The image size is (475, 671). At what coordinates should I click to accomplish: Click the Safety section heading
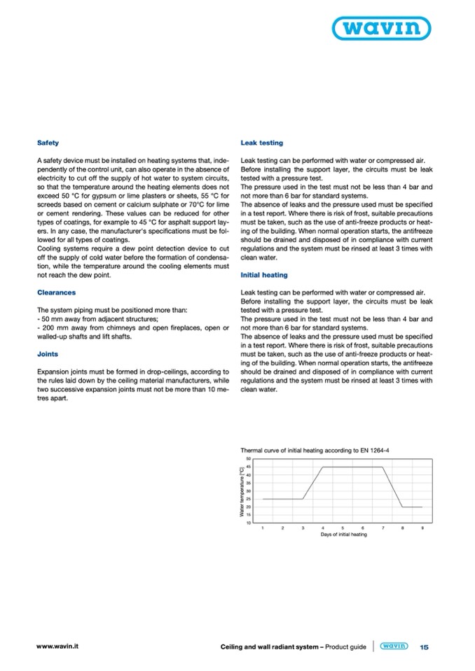[48, 143]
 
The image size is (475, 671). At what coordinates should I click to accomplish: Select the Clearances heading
[56, 292]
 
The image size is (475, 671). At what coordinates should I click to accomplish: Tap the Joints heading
[48, 354]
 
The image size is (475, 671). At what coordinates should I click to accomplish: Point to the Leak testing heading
[261, 143]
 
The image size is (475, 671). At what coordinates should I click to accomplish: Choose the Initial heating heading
[265, 276]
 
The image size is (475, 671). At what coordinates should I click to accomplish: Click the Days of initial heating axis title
[343, 534]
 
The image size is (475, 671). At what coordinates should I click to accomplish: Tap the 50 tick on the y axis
[248, 459]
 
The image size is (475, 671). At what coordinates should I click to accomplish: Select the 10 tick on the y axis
[248, 522]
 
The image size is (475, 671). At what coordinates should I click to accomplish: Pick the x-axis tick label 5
[343, 527]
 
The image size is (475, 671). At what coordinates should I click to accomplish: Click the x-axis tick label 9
[422, 527]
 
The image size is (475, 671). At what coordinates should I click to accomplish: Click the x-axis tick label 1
[263, 527]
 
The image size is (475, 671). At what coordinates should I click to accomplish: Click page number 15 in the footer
[423, 647]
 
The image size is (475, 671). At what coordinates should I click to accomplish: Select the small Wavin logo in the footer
[394, 647]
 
